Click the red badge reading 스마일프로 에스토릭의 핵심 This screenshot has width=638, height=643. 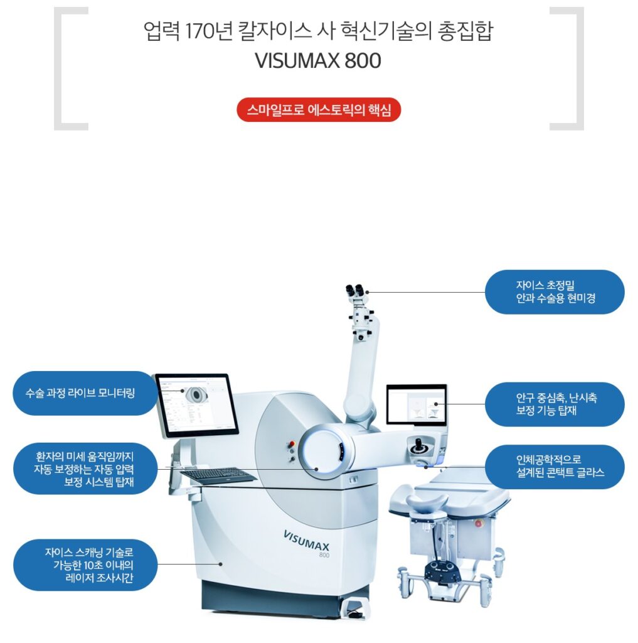319,110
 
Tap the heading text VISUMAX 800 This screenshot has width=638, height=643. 318,61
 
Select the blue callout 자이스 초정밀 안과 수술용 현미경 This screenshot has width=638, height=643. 555,292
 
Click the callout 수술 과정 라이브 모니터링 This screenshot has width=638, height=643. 85,393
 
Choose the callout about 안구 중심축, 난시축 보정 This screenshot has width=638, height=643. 555,404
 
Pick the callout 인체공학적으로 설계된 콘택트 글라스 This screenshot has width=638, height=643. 555,467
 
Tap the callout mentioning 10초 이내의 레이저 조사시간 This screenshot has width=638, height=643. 85,565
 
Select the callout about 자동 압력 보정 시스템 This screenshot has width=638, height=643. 85,468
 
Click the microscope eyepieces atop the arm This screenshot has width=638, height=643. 355,291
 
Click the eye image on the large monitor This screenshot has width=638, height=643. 196,394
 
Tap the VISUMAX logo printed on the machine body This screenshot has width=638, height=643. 307,541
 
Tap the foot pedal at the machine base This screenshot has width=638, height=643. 355,609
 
